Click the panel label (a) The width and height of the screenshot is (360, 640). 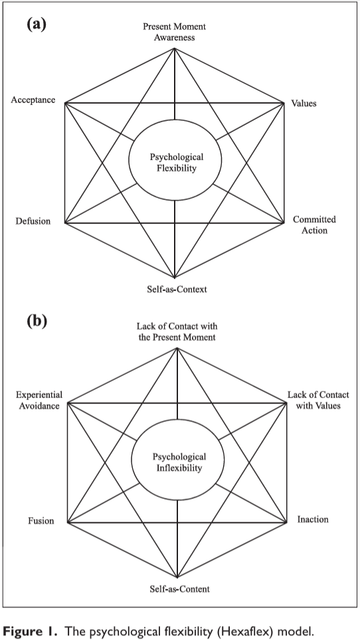37,25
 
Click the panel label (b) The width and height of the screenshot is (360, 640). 37,321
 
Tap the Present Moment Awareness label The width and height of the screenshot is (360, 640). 174,32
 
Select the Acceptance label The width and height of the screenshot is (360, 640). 33,100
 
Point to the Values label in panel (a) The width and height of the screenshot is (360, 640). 304,103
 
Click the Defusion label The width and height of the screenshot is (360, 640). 33,221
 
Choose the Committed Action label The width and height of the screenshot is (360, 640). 314,225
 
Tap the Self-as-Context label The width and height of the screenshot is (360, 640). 177,289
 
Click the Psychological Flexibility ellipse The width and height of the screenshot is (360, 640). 175,120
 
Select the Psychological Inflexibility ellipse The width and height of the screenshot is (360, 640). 177,419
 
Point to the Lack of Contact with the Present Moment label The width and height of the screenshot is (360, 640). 177,332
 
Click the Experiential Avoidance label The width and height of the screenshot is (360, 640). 39,400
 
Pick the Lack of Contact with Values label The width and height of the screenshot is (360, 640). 318,400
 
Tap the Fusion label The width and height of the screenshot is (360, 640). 41,521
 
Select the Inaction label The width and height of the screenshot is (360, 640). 313,519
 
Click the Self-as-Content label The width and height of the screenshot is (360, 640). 179,589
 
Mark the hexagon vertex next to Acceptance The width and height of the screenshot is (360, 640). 65,103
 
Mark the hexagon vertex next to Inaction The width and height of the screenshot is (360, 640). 287,522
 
